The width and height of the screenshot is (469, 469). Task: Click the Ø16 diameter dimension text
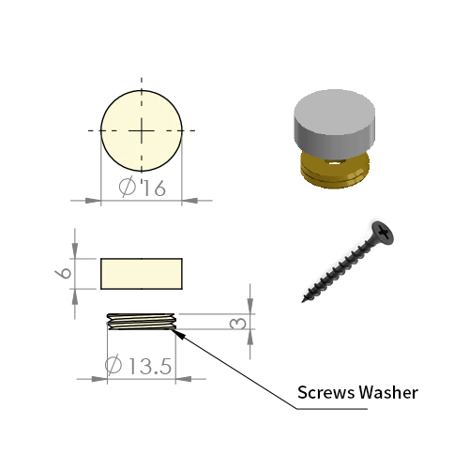coord(143,188)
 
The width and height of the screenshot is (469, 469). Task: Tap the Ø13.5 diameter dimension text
coord(138,365)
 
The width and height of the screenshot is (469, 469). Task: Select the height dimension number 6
coord(64,273)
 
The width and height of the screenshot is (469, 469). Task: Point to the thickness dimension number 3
coord(238,324)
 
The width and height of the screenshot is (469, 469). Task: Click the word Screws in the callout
coord(325,392)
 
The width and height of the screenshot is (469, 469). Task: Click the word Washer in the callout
coord(388,392)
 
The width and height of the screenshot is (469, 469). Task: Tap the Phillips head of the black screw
coord(383,233)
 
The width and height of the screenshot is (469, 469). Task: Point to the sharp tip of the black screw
coord(303,301)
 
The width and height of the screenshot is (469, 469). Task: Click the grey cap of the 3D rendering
coord(334,123)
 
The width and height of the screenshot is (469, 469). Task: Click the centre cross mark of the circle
coord(142,130)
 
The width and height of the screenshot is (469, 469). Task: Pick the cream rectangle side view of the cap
coord(142,274)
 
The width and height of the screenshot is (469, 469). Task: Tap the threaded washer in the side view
coord(142,322)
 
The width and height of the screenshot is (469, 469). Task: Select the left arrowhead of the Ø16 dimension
coord(93,201)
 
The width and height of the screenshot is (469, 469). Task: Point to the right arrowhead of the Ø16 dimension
coord(189,201)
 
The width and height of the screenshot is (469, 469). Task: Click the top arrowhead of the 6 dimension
coord(75,250)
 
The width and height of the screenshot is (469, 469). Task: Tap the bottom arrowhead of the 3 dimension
coord(250,338)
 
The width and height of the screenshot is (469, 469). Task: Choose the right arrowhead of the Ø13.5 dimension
coord(184,379)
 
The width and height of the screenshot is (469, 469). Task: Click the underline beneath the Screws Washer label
coord(332,409)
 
